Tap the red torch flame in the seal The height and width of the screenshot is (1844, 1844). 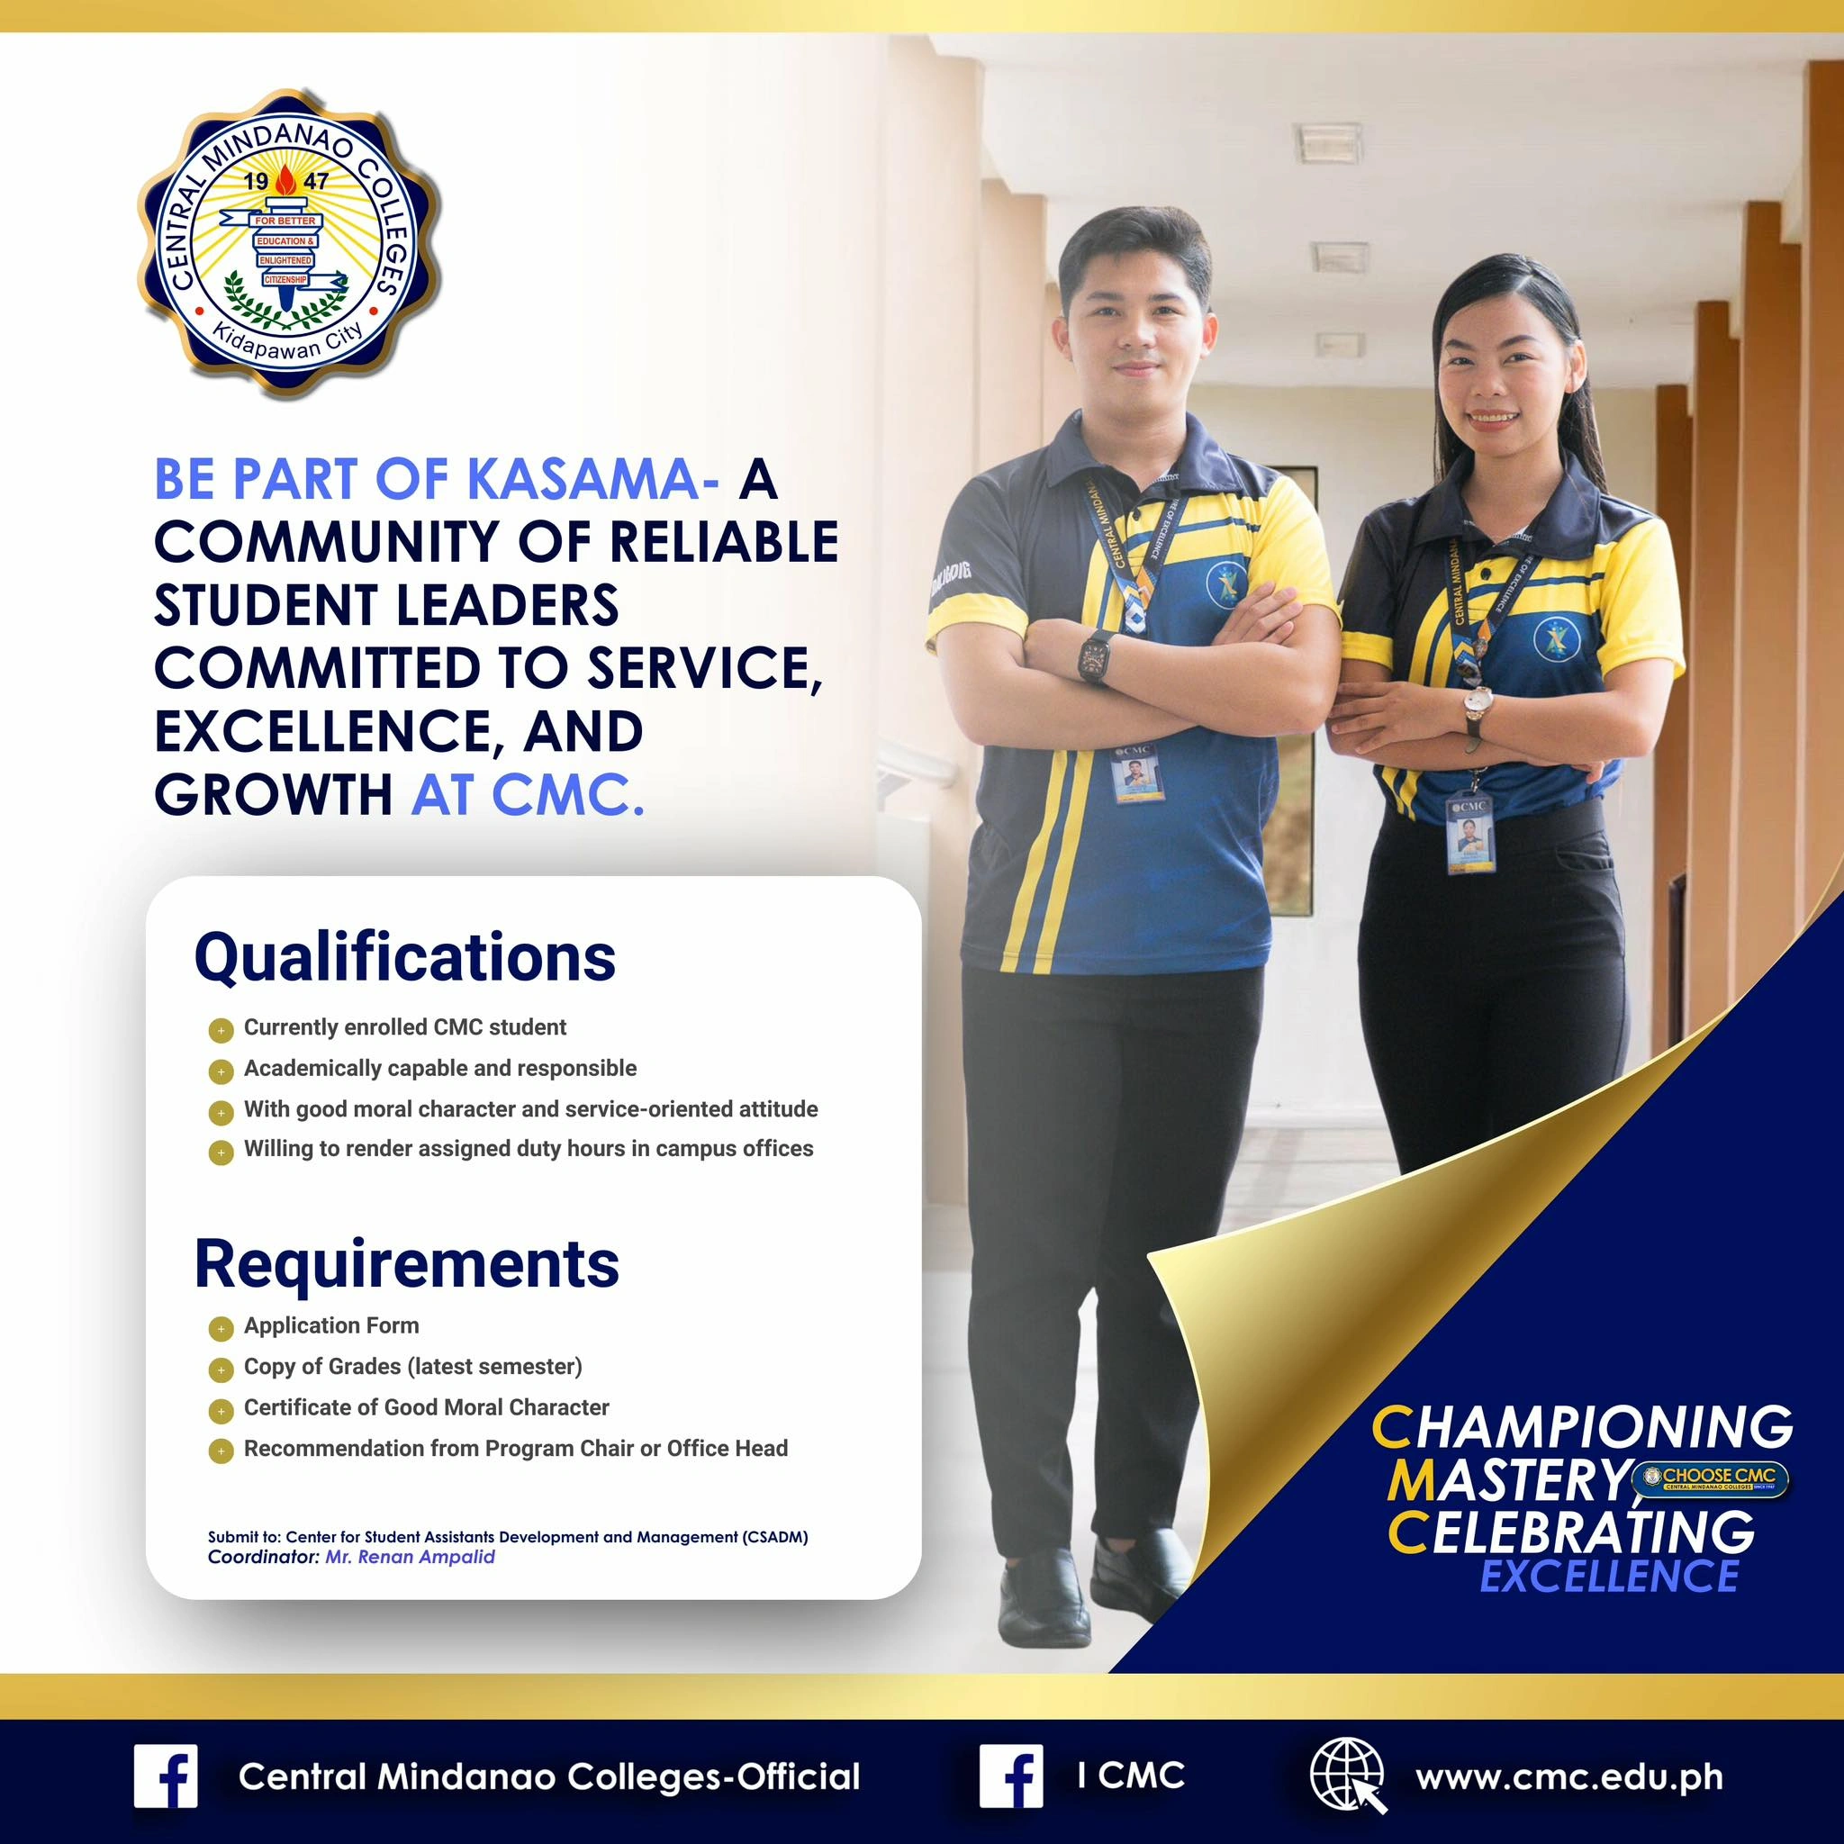pyautogui.click(x=285, y=180)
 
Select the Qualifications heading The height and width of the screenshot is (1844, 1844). pyautogui.click(x=404, y=957)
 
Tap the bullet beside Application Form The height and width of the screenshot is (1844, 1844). pyautogui.click(x=221, y=1329)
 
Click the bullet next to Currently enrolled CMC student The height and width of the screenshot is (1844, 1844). pyautogui.click(x=221, y=1031)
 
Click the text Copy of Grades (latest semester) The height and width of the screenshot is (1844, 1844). pyautogui.click(x=412, y=1367)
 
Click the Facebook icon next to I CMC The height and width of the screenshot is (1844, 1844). pyautogui.click(x=1012, y=1776)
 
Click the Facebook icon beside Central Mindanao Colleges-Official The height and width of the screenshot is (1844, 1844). pyautogui.click(x=166, y=1776)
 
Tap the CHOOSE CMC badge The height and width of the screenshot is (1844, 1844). pyautogui.click(x=1711, y=1479)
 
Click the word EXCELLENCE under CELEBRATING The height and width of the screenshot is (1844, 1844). pyautogui.click(x=1609, y=1576)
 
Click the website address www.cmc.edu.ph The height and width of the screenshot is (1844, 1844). pyautogui.click(x=1569, y=1777)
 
